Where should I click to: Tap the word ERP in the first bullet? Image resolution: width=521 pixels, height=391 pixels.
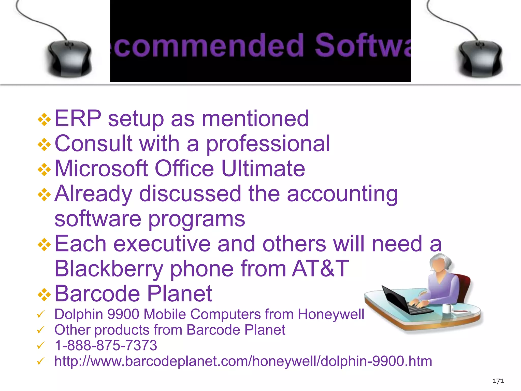pos(78,118)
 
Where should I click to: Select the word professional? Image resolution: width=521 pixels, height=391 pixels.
pos(268,144)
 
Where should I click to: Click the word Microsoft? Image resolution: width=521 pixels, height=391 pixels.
pos(101,168)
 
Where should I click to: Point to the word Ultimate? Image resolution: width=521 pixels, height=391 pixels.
pos(263,168)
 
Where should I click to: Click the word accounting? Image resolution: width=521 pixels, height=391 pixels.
pos(342,194)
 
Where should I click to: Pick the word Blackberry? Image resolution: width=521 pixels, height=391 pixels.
pos(109,269)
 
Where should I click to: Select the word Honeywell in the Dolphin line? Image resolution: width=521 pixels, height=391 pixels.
pos(331,314)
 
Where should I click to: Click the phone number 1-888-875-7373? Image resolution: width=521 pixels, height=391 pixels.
pos(106,345)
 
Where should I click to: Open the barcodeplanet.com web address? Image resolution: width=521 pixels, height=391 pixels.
pos(243,361)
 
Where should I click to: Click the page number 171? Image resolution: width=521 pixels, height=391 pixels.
pos(498,381)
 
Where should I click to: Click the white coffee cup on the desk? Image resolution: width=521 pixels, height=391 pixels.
pos(447,308)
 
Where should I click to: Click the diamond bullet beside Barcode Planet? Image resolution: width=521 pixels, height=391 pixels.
pos(44,294)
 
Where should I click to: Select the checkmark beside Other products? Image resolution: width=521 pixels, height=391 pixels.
pos(41,330)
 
